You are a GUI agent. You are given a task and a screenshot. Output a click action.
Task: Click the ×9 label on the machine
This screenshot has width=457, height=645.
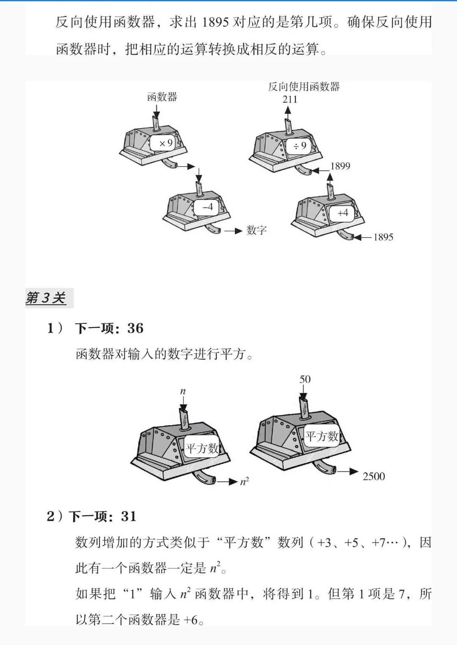(165, 143)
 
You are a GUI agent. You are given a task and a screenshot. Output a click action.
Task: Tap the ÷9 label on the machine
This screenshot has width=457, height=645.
(300, 146)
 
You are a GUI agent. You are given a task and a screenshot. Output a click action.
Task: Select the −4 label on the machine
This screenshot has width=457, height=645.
(208, 207)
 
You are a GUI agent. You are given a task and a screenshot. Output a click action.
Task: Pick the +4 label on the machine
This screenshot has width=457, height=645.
(343, 213)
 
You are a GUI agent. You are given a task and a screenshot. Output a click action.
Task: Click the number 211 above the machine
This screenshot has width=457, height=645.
(290, 99)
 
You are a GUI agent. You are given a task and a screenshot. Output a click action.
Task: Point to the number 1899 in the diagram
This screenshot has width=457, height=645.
(340, 166)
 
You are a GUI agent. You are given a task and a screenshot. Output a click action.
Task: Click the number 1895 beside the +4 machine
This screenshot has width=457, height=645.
(383, 237)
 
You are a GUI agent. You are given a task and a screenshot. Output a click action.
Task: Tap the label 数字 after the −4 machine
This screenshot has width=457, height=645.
(257, 230)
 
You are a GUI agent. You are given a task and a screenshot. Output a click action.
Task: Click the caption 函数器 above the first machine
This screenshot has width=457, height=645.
(162, 97)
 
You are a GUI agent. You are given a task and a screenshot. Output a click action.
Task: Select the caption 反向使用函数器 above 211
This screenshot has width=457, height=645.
(304, 87)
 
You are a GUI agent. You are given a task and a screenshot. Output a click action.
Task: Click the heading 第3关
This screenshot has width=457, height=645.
(46, 298)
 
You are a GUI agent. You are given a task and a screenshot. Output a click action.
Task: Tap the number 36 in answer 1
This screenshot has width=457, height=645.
(135, 328)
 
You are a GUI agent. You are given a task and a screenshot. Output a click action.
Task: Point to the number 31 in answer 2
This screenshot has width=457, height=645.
(129, 517)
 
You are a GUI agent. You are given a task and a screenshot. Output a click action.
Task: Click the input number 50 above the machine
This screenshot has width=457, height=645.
(305, 379)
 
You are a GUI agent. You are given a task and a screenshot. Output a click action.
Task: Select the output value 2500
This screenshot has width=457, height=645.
(374, 476)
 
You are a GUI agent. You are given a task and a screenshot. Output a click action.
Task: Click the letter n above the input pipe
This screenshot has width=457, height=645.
(183, 391)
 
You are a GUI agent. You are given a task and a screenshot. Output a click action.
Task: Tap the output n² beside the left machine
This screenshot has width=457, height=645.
(245, 481)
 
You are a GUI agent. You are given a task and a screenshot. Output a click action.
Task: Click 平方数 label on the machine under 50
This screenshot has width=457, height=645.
(322, 436)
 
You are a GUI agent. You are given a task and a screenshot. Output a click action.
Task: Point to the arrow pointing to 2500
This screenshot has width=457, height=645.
(348, 471)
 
